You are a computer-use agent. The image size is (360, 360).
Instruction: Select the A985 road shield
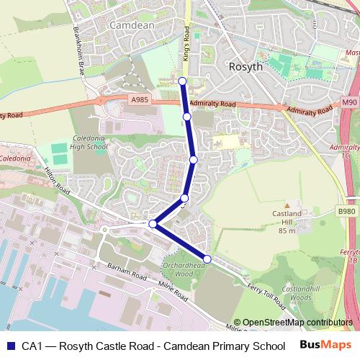(x=140, y=100)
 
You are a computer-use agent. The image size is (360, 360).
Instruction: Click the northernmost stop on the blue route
(x=183, y=81)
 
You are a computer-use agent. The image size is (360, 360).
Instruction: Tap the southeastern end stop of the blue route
(x=207, y=258)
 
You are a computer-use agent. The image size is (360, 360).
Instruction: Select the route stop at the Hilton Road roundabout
(x=153, y=225)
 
